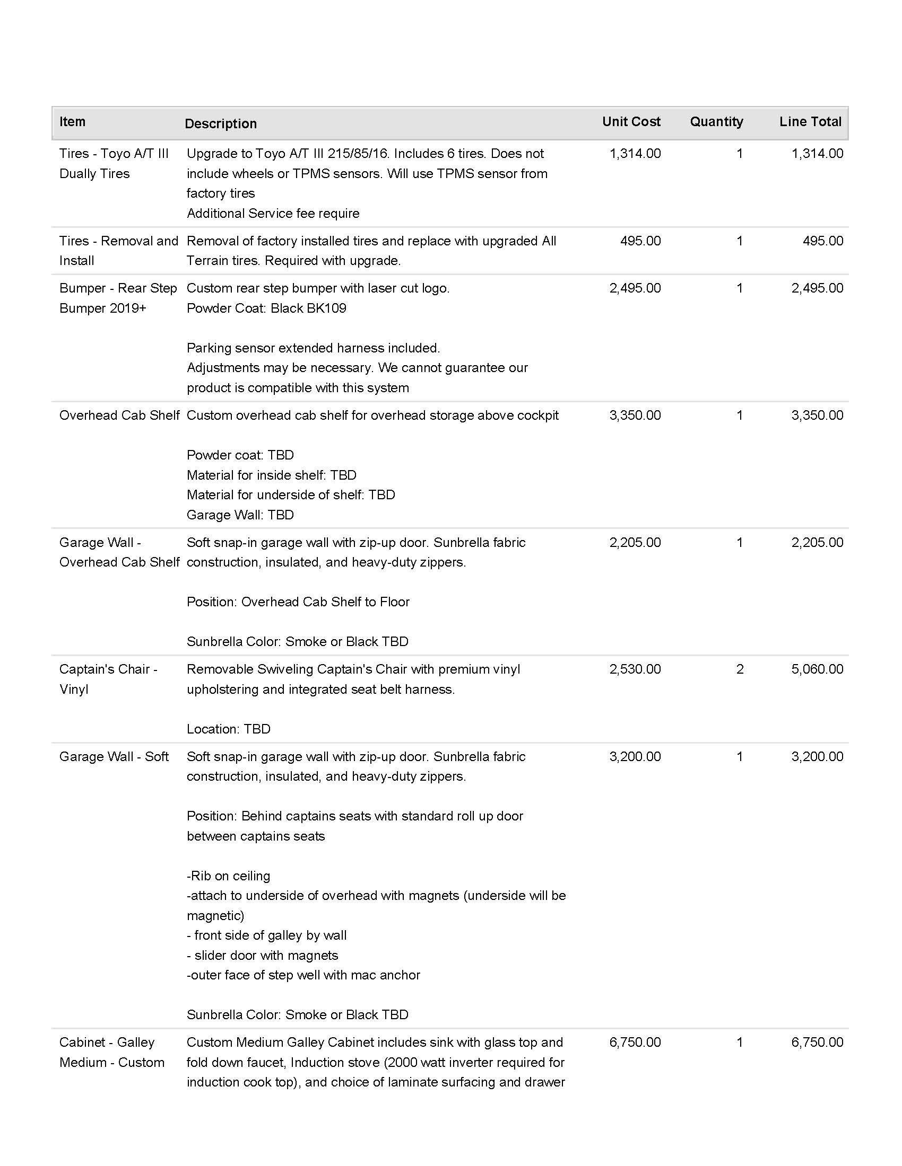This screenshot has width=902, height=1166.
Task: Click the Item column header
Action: pyautogui.click(x=72, y=122)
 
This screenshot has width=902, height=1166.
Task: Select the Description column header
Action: pyautogui.click(x=221, y=124)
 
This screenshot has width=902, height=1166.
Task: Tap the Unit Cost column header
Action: pyautogui.click(x=631, y=122)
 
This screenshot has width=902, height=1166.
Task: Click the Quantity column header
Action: pyautogui.click(x=716, y=122)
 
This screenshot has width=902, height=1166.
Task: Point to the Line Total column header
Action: pyautogui.click(x=810, y=122)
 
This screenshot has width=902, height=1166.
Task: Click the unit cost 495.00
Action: pyautogui.click(x=640, y=241)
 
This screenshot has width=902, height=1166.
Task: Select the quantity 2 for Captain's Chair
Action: pyautogui.click(x=740, y=669)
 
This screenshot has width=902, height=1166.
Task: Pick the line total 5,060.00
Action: pyautogui.click(x=817, y=669)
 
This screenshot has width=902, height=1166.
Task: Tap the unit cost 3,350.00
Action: pyautogui.click(x=635, y=416)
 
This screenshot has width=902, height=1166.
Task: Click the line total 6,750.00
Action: pyautogui.click(x=817, y=1042)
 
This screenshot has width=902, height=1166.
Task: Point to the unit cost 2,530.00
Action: pyautogui.click(x=635, y=669)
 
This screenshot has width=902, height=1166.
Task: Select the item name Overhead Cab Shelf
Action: pyautogui.click(x=119, y=416)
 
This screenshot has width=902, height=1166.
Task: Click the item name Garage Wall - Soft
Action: pyautogui.click(x=114, y=756)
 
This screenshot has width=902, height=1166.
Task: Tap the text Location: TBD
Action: pyautogui.click(x=228, y=729)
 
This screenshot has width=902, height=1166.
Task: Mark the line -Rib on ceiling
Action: pyautogui.click(x=228, y=876)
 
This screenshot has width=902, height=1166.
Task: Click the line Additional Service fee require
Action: pyautogui.click(x=273, y=214)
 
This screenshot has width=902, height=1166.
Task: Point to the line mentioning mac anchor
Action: pyautogui.click(x=303, y=975)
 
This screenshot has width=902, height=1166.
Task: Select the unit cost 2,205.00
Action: pyautogui.click(x=635, y=542)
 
